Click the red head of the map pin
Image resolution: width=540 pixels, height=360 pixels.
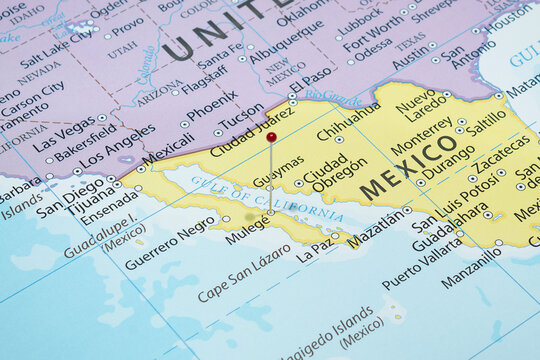click(271, 137)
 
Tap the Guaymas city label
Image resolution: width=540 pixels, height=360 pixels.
click(278, 178)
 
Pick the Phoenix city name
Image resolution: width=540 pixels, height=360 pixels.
click(211, 103)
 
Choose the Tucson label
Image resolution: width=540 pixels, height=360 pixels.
click(242, 117)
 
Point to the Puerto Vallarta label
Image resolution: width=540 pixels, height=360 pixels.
click(423, 263)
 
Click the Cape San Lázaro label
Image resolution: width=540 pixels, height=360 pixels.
click(244, 273)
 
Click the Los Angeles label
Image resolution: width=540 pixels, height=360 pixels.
click(117, 145)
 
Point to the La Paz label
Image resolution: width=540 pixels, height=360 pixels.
click(314, 245)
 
